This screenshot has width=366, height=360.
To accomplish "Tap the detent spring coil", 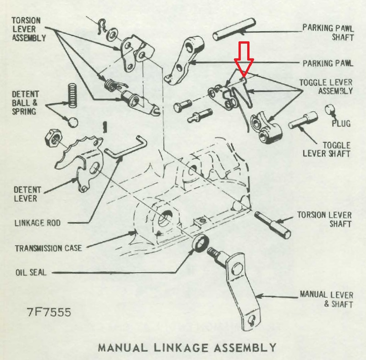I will (x=72, y=96).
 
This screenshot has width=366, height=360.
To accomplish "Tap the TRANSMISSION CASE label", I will (x=49, y=248).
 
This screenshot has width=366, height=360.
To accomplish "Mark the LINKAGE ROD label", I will (x=38, y=223).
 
